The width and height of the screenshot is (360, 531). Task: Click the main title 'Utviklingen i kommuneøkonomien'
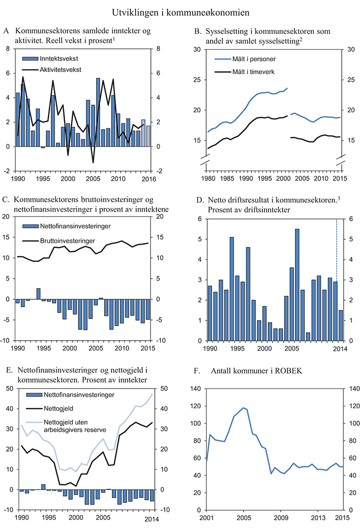180,10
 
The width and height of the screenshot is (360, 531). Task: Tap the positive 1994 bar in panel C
38,294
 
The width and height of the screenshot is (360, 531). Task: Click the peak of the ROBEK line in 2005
243,408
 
